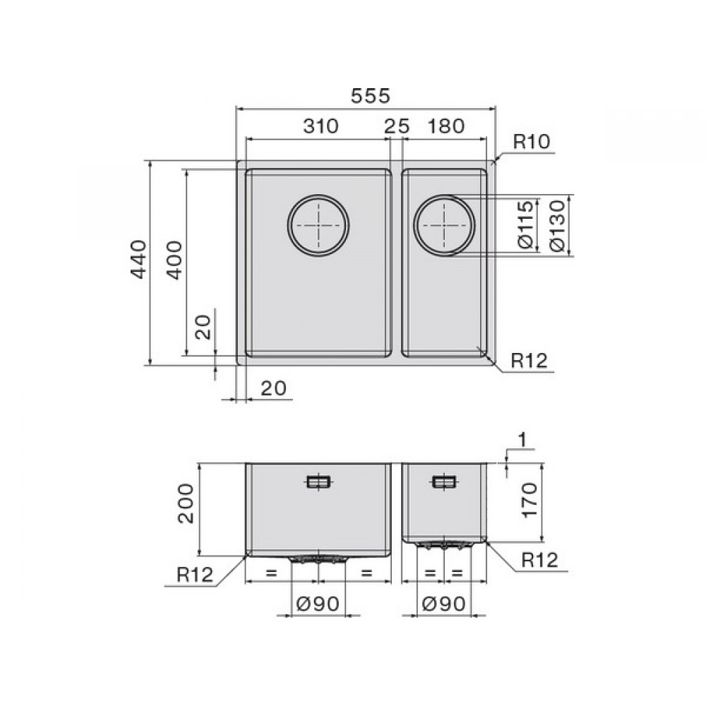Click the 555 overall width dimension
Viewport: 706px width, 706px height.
pyautogui.click(x=371, y=96)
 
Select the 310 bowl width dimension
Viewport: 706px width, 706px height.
pyautogui.click(x=321, y=126)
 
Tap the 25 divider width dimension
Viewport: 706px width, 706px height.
pyautogui.click(x=397, y=126)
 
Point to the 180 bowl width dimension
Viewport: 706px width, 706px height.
pyautogui.click(x=445, y=126)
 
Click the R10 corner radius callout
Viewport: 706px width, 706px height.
pyautogui.click(x=532, y=142)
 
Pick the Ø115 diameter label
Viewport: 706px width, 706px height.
pyautogui.click(x=525, y=225)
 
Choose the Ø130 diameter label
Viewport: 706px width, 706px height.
pyautogui.click(x=556, y=226)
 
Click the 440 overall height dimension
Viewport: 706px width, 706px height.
pyautogui.click(x=138, y=259)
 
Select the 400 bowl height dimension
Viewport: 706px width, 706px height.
pyautogui.click(x=174, y=261)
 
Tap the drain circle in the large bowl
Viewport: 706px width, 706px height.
pyautogui.click(x=318, y=196)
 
